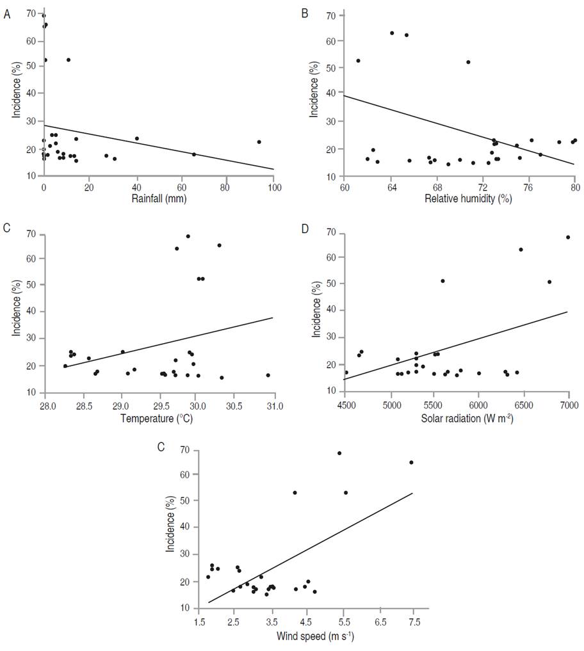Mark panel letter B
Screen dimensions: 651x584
click(305, 13)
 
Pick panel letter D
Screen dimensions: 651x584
click(305, 227)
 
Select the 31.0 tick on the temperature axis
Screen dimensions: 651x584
click(274, 405)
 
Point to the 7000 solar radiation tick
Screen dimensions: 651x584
click(569, 405)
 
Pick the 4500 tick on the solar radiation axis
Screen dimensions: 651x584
click(345, 405)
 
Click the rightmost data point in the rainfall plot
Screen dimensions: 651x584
click(259, 142)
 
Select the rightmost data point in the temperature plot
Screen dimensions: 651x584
click(268, 375)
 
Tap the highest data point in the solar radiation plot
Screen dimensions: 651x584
click(568, 237)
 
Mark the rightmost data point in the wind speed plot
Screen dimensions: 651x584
click(411, 462)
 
